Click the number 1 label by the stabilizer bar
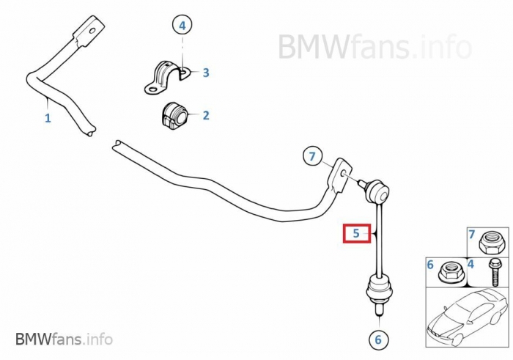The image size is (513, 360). [48, 117]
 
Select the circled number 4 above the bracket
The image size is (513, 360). [183, 26]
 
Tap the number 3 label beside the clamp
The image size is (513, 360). [206, 73]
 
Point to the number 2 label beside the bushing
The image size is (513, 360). [206, 115]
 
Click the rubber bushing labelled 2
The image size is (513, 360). [173, 115]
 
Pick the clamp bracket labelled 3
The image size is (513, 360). [166, 76]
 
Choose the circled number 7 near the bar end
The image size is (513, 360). [312, 156]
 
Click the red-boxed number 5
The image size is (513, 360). [356, 234]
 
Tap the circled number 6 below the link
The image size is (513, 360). [378, 339]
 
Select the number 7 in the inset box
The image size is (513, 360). [473, 235]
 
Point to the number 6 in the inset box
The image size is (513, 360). [430, 264]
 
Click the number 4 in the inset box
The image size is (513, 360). [471, 264]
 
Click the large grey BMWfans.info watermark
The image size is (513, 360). [374, 47]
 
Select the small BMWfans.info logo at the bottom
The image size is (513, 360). [64, 339]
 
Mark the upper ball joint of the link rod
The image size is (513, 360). [378, 191]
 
